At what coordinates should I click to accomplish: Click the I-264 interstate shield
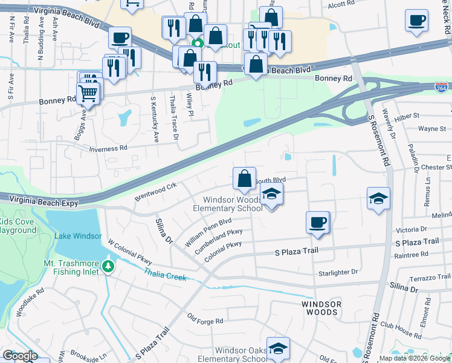pos(442,88)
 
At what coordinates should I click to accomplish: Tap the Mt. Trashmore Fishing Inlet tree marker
pos(108,266)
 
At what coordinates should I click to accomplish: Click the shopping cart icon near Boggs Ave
pos(88,94)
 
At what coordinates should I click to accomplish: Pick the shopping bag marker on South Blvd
pos(244,178)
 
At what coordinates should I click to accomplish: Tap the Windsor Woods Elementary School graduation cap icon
pos(271,195)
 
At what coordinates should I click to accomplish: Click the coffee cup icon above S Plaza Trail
pos(318,223)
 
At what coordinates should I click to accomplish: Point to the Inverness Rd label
pos(108,148)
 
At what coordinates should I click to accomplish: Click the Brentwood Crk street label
pos(155,191)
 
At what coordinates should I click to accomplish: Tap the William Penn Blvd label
pos(208,232)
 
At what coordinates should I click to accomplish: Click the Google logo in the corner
pos(20,356)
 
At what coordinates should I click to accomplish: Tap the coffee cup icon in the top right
pos(417,21)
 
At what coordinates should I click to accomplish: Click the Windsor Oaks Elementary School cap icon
pos(278,348)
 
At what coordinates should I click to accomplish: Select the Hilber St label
pos(407,116)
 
